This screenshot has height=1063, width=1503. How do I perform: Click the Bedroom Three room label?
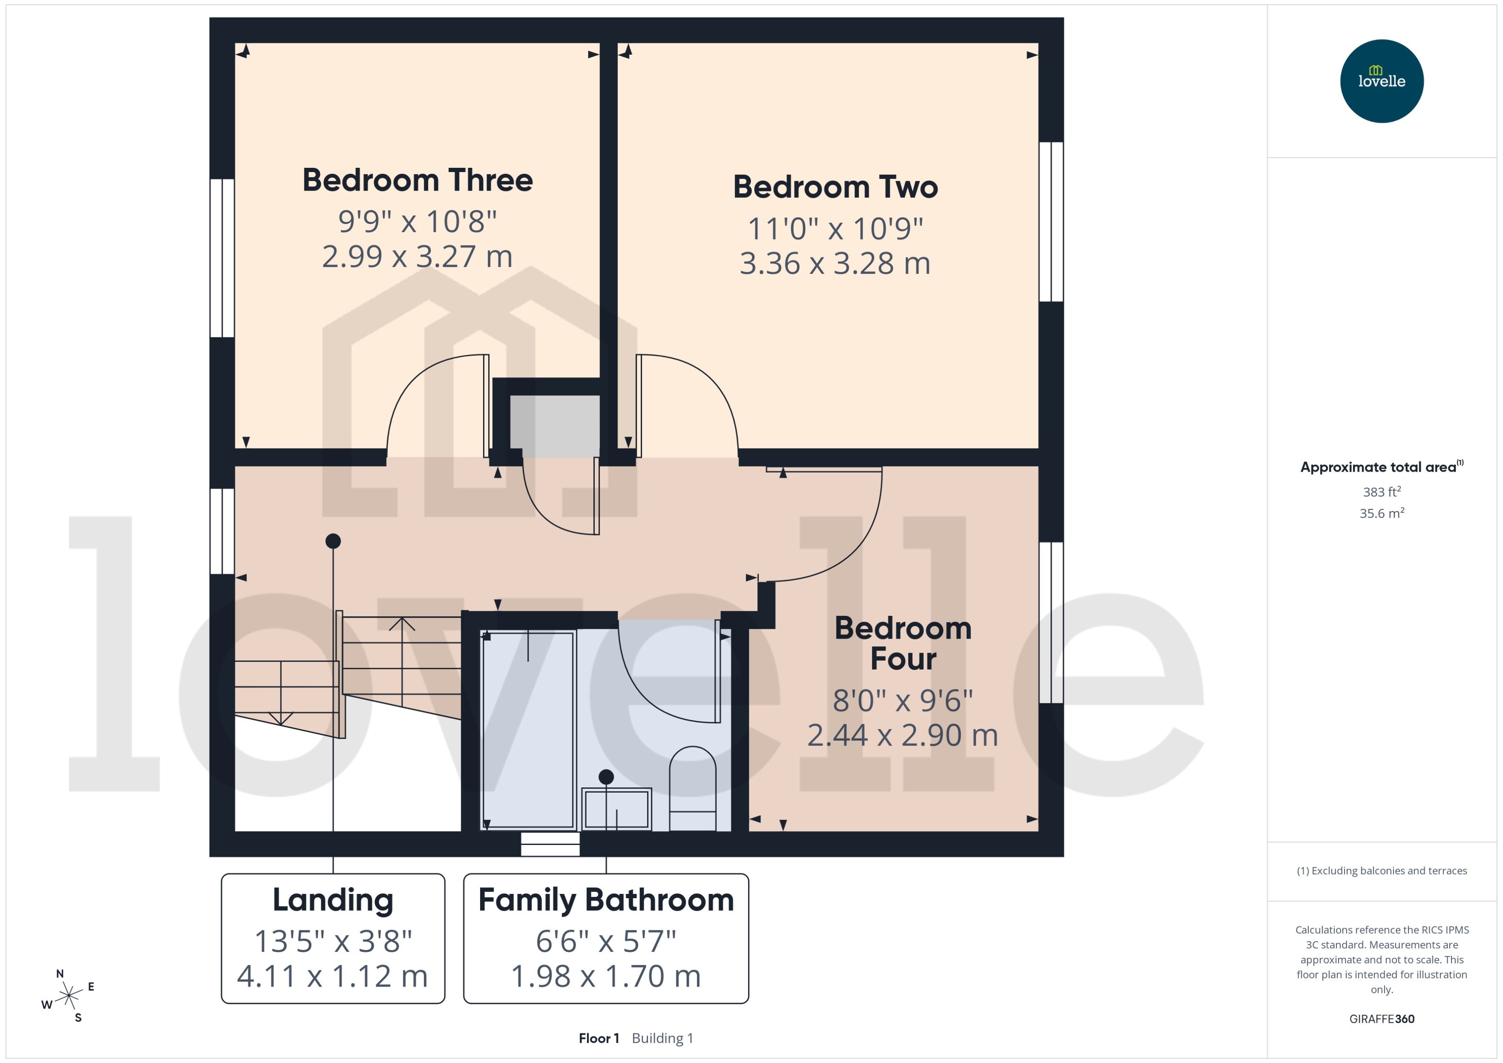point(417,180)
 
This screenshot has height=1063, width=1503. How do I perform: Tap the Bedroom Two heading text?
point(835,187)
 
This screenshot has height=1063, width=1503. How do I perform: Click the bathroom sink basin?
point(616,809)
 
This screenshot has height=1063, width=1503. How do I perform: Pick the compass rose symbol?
point(68,996)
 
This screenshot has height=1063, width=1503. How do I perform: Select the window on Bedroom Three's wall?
point(222,258)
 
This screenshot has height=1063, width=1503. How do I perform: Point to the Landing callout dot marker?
point(333,541)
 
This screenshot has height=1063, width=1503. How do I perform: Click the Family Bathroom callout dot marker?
point(606,777)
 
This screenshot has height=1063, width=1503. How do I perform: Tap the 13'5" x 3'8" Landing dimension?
point(333,941)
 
